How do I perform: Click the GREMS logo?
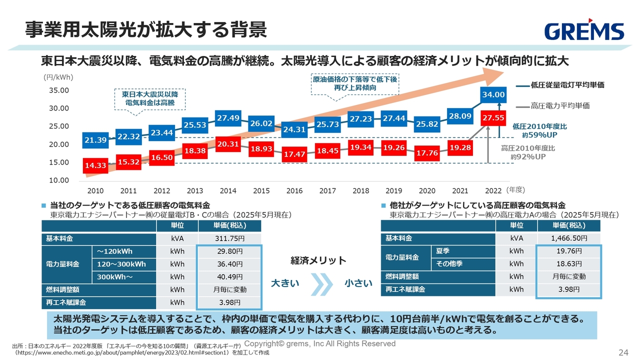(x=584, y=31)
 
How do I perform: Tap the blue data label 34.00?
(x=493, y=94)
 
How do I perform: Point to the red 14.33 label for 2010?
(x=95, y=165)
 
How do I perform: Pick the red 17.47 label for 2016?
(x=294, y=154)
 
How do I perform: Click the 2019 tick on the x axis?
(x=394, y=190)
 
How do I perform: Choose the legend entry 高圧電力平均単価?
(x=560, y=105)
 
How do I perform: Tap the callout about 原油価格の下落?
(x=355, y=83)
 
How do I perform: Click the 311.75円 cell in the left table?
(x=229, y=238)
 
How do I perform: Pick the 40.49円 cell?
(x=229, y=276)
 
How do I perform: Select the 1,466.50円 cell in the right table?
(x=569, y=238)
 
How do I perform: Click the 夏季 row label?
(x=443, y=251)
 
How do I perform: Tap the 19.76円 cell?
(x=569, y=251)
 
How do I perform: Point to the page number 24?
(x=623, y=352)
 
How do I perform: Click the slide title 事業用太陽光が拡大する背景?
(x=146, y=30)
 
